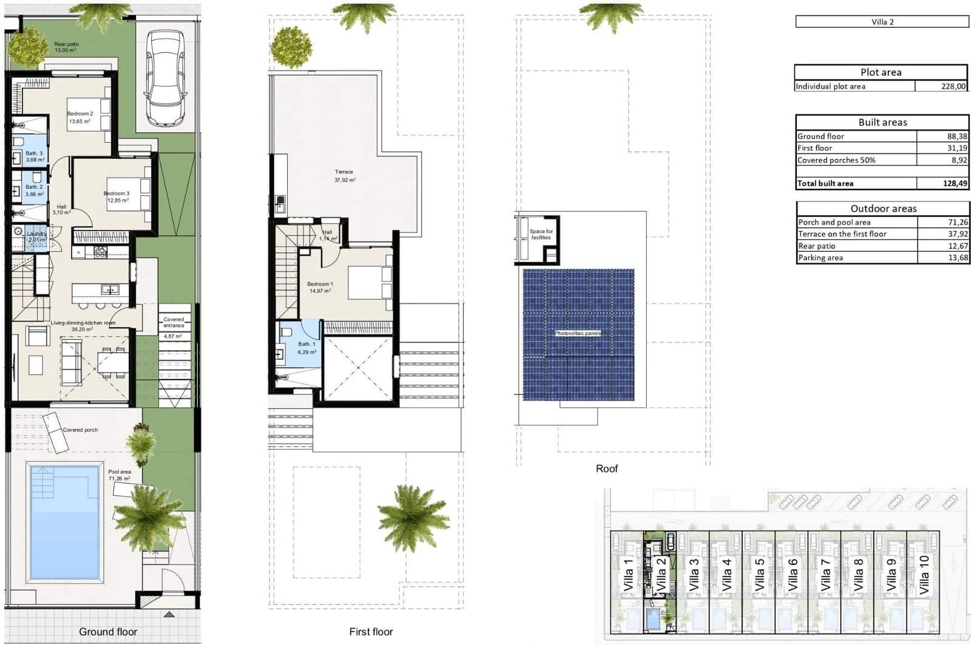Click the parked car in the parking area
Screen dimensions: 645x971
164,79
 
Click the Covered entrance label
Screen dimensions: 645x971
174,323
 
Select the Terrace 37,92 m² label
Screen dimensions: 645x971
344,176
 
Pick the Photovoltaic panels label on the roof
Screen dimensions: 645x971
578,334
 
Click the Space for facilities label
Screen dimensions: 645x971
541,234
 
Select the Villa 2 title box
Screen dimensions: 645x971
882,22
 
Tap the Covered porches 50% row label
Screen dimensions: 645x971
836,160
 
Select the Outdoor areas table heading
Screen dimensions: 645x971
883,209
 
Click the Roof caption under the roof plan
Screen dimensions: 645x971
606,468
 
